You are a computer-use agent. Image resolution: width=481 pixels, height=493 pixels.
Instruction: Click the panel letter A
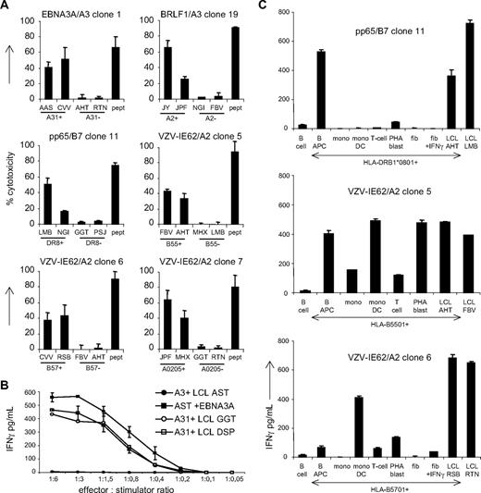(7, 7)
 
